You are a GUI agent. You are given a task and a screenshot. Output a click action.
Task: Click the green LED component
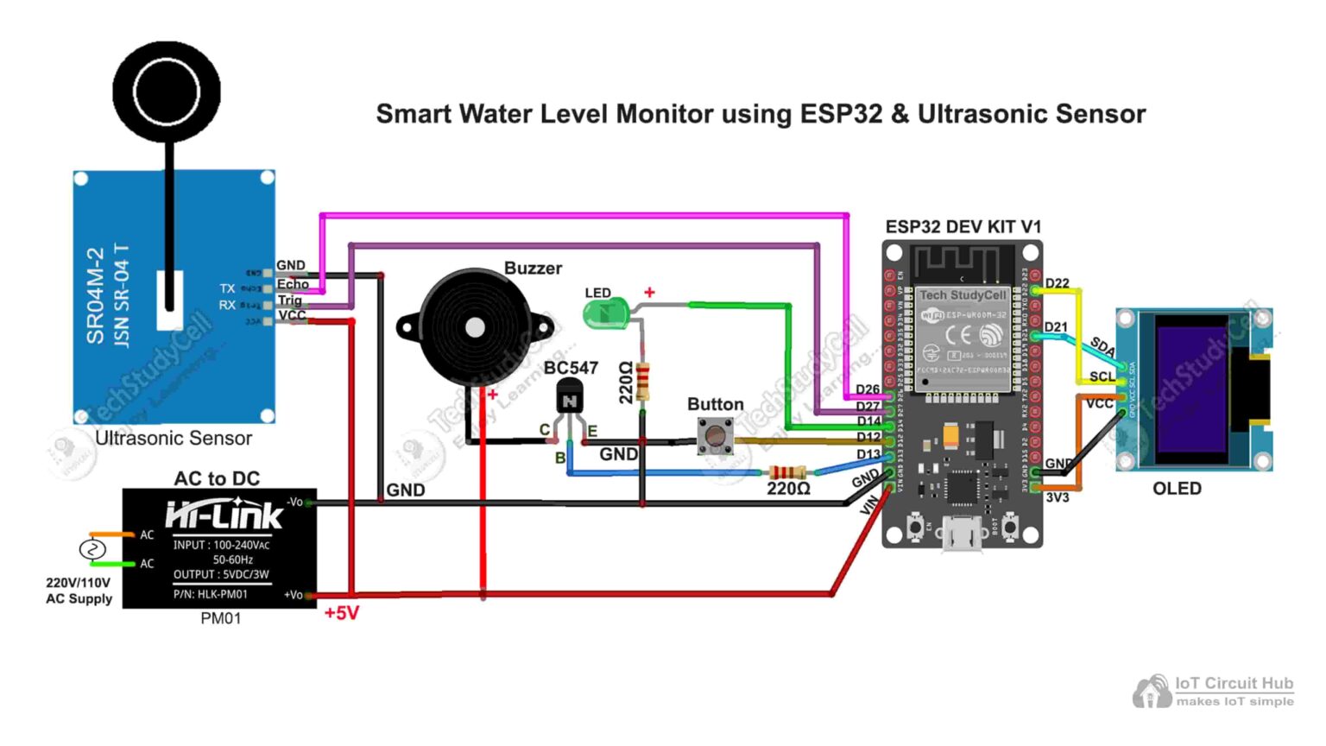click(605, 313)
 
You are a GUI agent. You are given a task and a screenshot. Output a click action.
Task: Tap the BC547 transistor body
click(569, 400)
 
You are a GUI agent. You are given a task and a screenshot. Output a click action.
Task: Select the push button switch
click(715, 435)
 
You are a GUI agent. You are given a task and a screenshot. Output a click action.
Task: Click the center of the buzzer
click(474, 328)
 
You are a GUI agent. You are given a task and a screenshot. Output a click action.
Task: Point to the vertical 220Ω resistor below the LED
click(642, 382)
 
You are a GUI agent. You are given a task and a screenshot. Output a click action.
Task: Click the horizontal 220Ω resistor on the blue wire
click(786, 472)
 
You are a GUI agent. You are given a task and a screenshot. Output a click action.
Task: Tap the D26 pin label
click(868, 389)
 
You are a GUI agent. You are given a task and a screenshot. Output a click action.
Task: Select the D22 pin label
click(1057, 283)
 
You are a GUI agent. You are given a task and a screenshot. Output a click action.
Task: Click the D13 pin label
click(868, 454)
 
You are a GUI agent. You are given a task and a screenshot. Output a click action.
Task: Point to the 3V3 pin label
click(1057, 497)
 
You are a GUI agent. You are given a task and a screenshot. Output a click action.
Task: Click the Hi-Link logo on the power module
click(224, 515)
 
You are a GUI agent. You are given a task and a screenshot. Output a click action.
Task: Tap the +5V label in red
click(341, 613)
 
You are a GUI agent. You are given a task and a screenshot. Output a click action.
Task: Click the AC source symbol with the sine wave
click(92, 549)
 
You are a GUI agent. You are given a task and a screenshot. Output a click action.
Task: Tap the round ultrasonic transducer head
click(167, 91)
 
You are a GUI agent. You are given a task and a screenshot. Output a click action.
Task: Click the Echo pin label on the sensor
click(293, 284)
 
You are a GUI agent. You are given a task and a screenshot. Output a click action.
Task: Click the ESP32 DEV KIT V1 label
click(963, 227)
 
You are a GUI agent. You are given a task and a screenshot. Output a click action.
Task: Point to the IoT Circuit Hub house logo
click(1152, 692)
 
